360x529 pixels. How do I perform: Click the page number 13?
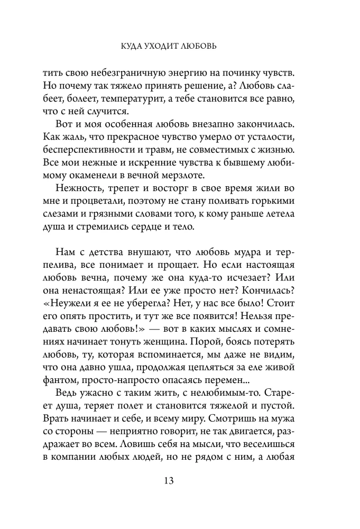(180, 481)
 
